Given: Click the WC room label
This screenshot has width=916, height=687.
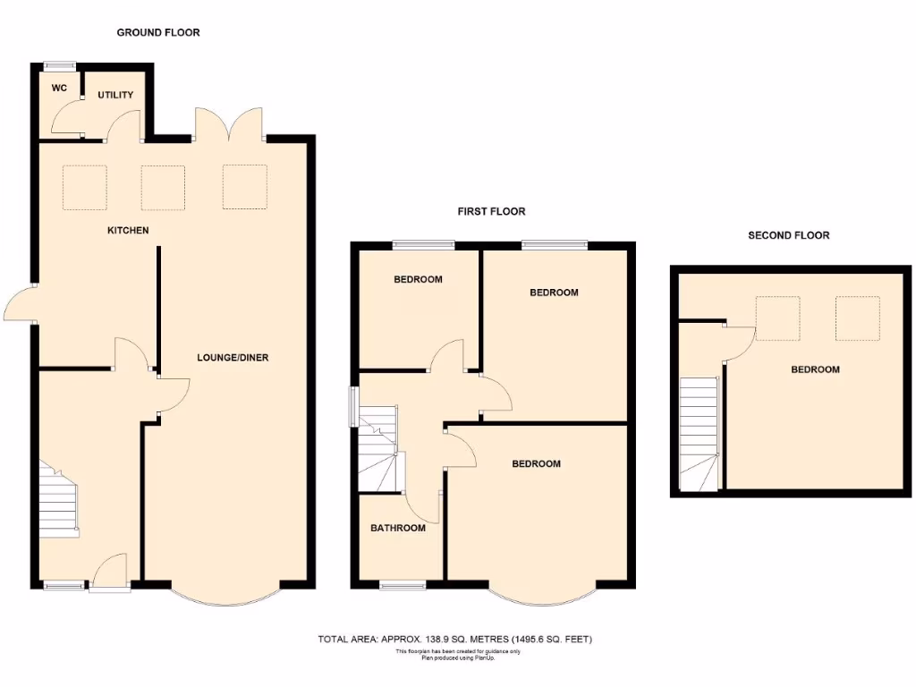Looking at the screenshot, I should tap(60, 89).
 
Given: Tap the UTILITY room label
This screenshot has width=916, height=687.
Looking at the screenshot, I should tap(115, 95).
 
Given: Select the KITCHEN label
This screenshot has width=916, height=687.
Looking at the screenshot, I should tap(128, 231).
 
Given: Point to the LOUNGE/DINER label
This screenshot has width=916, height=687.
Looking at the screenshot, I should tap(233, 358).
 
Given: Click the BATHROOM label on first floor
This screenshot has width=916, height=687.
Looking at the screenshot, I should tap(398, 528).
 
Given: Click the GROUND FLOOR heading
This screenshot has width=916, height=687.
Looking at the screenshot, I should tap(158, 32).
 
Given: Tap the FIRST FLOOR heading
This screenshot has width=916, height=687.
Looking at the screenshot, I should tap(491, 212).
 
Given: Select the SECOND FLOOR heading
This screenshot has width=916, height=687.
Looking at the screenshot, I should tap(788, 235).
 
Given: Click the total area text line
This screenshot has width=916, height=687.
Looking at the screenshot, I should tap(455, 639).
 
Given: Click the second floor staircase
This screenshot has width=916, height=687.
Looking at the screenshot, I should tap(700, 433).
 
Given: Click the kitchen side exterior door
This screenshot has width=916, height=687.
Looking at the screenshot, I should tap(20, 303).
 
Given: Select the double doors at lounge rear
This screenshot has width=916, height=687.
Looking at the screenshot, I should tap(229, 124).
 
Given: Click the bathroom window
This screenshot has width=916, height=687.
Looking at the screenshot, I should tap(403, 585).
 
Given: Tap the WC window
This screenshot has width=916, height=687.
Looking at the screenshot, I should tap(60, 64).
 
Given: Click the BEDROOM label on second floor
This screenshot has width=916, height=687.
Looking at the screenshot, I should tap(815, 369).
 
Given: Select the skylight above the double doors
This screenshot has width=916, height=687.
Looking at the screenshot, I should tap(244, 187).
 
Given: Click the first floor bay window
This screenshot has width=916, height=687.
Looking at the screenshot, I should tap(542, 598).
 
